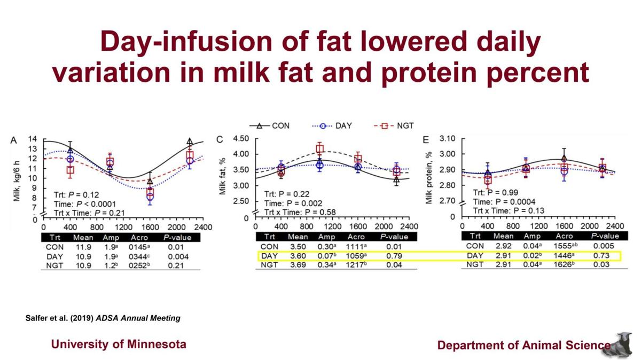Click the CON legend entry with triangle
[270, 126]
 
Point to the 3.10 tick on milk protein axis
[447, 139]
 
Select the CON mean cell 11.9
[83, 247]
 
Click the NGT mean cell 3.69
[298, 266]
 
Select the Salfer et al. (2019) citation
[103, 318]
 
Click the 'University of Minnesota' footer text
[119, 344]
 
